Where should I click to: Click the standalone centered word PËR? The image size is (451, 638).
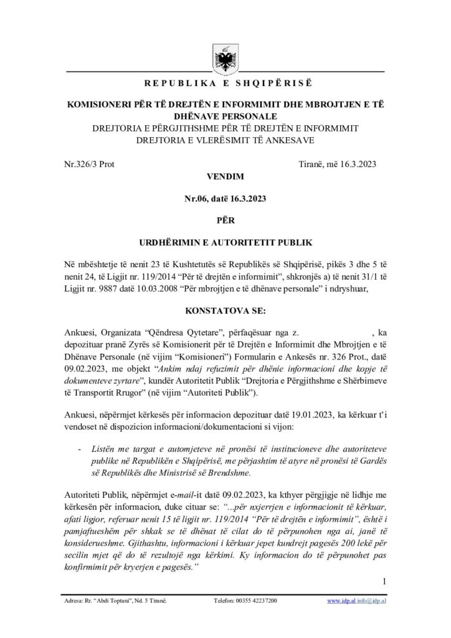click(x=225, y=219)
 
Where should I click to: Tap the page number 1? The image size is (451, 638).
click(x=386, y=582)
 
